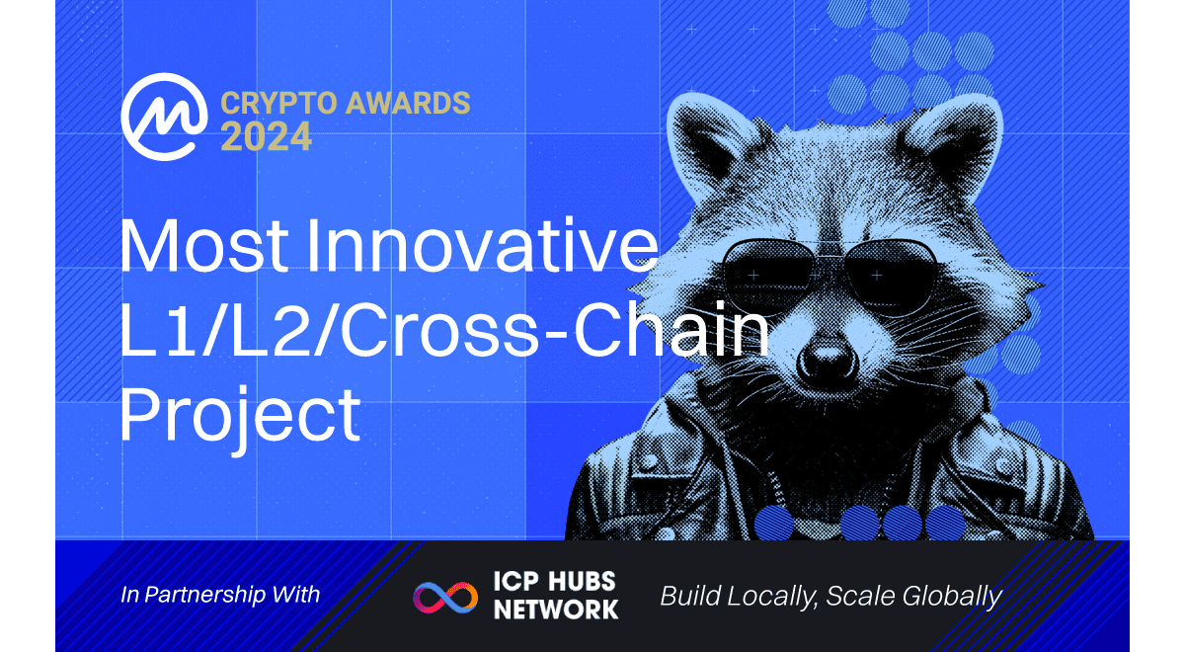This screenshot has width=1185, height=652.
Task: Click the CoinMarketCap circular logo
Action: (165, 117)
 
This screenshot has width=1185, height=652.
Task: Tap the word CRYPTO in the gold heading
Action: (278, 103)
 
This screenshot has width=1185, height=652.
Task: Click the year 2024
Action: (266, 136)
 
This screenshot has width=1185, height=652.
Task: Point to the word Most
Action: (204, 246)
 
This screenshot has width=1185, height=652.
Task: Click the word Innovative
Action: (483, 246)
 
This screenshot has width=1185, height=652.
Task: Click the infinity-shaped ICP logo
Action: (445, 598)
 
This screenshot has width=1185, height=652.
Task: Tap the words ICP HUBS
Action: (554, 581)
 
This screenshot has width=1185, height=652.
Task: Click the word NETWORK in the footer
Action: (556, 610)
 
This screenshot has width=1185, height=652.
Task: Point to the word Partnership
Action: (204, 596)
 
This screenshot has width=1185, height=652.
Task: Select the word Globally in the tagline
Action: (952, 597)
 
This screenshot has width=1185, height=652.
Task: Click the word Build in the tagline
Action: (691, 596)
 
